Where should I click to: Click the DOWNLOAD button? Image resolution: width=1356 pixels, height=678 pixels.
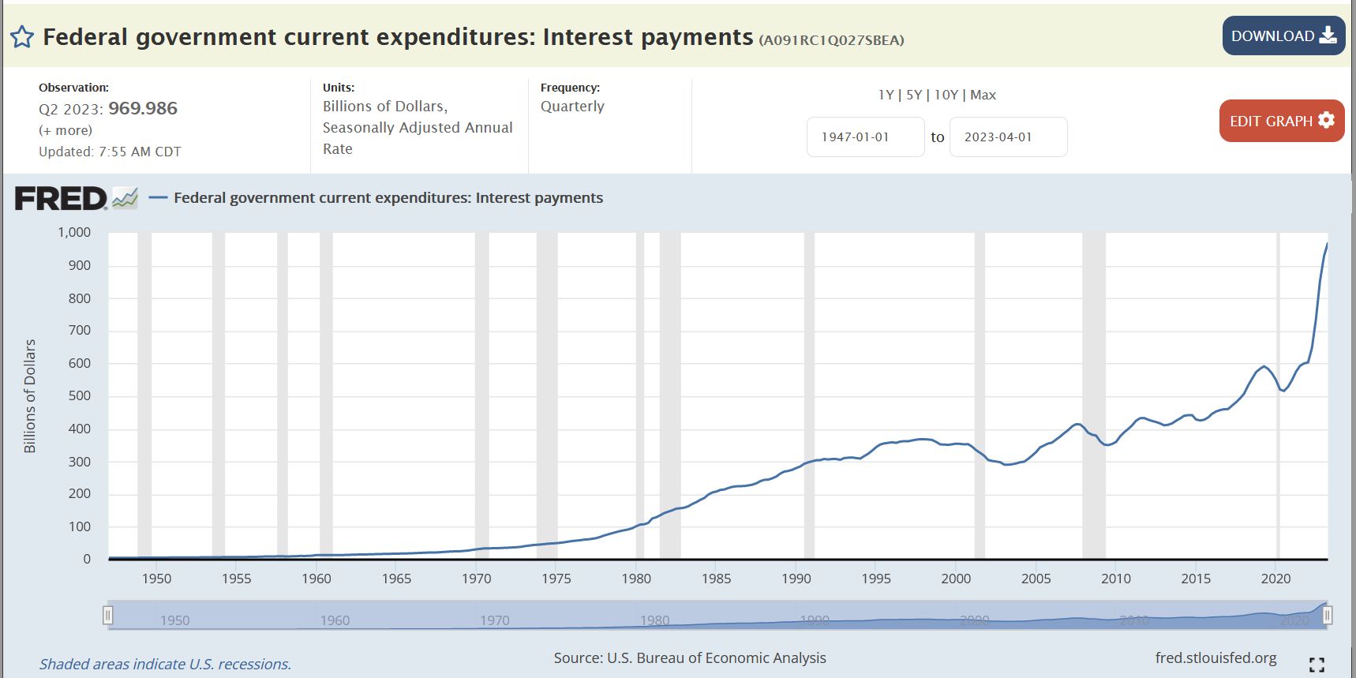[1283, 36]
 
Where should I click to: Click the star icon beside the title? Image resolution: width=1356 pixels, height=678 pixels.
[22, 37]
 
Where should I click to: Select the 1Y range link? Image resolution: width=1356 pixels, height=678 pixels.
[886, 95]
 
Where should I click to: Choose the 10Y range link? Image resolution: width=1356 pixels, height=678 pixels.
[946, 95]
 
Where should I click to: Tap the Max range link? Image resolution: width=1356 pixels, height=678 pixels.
[983, 95]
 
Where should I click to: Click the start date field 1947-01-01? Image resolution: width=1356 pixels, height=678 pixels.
[865, 137]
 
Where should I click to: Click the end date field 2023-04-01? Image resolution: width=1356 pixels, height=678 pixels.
[1008, 137]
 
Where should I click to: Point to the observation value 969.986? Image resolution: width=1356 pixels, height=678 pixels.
[143, 108]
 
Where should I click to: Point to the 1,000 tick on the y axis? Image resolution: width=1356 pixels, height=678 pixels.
[74, 232]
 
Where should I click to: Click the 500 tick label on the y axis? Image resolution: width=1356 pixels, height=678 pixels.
[79, 395]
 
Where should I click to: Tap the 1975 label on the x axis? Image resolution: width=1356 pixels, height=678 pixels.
[556, 579]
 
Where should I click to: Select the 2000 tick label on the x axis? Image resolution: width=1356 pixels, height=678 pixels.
[955, 579]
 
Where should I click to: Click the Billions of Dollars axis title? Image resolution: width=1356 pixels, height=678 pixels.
[30, 395]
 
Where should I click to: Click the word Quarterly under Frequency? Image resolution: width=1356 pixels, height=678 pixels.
[572, 107]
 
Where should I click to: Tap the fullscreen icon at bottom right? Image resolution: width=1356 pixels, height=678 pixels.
[1316, 665]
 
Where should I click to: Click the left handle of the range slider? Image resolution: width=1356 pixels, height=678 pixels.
[108, 615]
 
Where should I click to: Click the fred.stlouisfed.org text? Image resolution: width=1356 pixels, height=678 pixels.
[1216, 657]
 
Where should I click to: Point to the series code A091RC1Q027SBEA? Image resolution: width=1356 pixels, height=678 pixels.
[831, 40]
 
